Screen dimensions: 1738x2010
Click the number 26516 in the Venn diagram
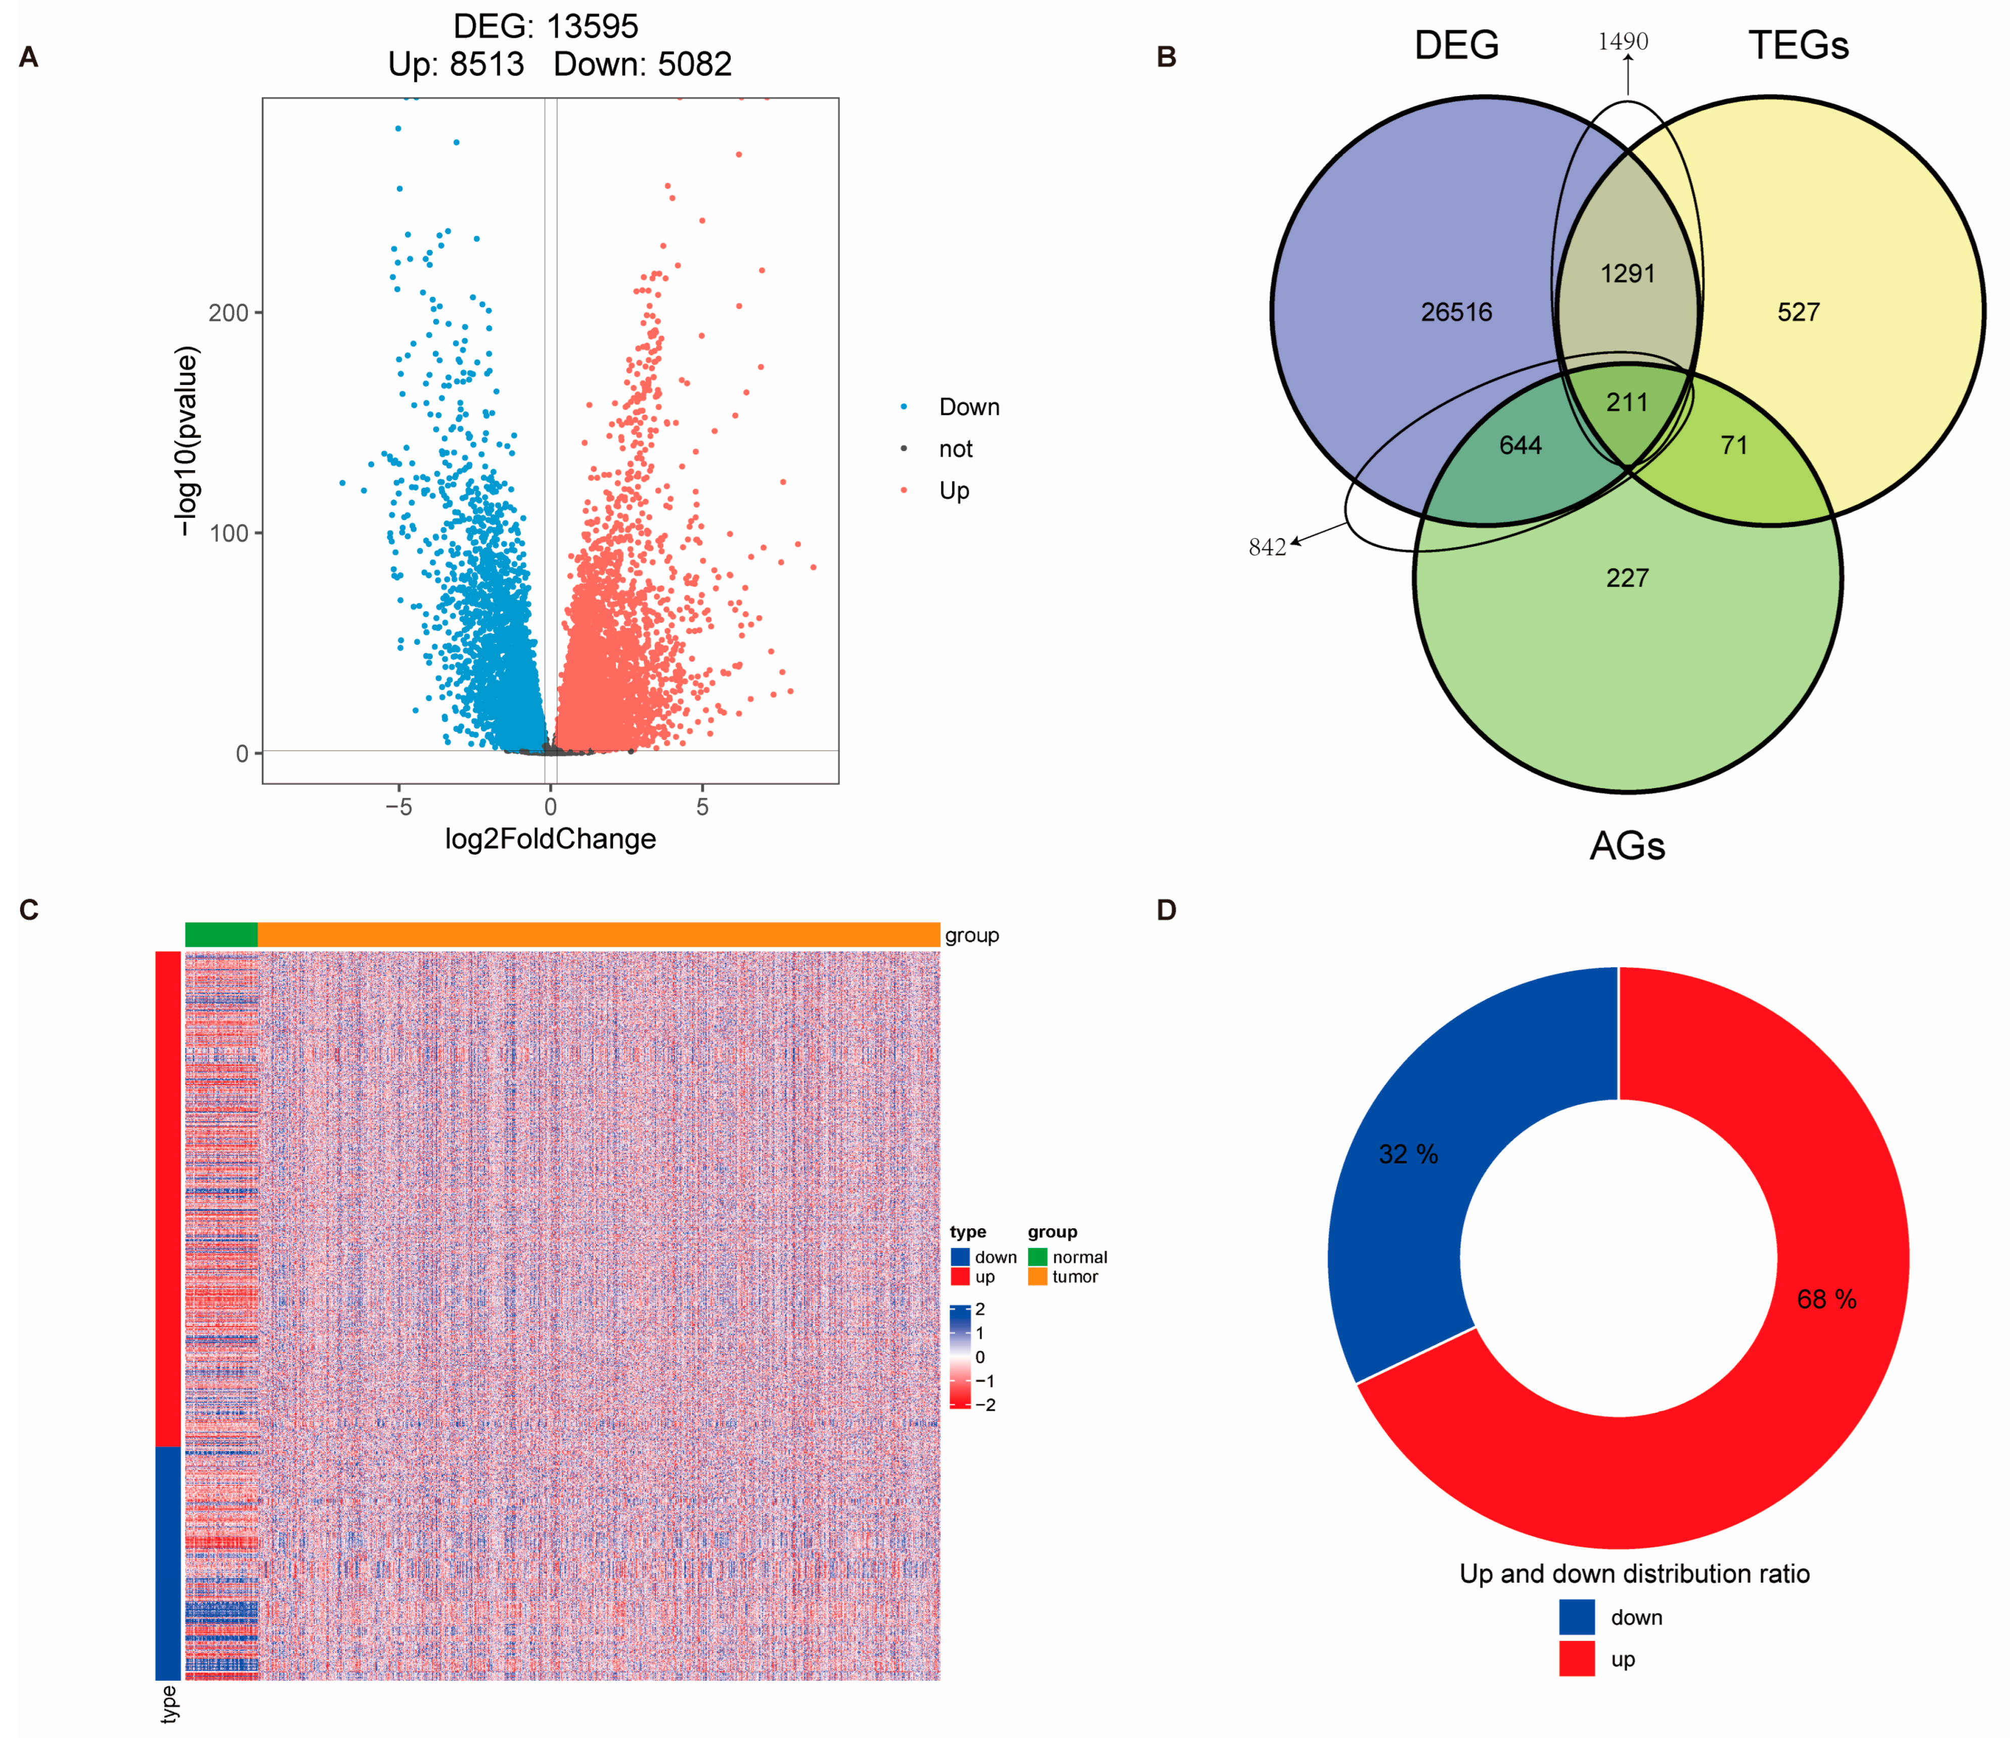click(x=1456, y=312)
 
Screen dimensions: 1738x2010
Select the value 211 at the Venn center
click(x=1627, y=402)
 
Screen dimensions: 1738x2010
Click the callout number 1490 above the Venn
click(x=1623, y=41)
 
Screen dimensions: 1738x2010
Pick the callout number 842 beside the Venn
click(x=1267, y=547)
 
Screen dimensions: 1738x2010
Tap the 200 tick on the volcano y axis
click(x=229, y=313)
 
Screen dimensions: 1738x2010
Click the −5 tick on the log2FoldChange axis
click(x=398, y=806)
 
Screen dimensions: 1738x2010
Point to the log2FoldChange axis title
click(x=550, y=839)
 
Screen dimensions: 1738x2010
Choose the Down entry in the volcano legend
click(x=968, y=407)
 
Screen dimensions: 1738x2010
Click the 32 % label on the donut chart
click(x=1408, y=1154)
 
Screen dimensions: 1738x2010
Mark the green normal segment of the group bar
click(x=221, y=934)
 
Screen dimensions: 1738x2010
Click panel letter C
click(x=29, y=909)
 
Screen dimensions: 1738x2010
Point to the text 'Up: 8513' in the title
click(x=456, y=64)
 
